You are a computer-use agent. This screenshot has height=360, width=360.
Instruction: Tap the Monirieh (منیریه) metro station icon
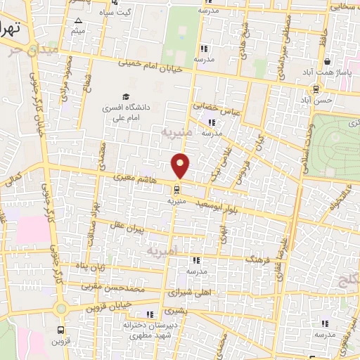click(x=176, y=188)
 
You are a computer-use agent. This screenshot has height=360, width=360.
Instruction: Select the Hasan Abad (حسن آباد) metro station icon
click(x=316, y=89)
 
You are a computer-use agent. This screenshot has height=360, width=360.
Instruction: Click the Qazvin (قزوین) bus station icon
click(x=62, y=329)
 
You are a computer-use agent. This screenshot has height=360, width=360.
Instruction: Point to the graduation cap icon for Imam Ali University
click(x=126, y=96)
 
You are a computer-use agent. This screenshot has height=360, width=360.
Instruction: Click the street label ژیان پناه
click(x=90, y=266)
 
